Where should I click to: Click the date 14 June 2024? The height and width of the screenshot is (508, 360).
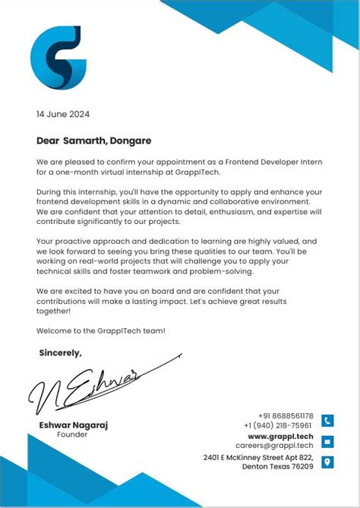coord(63,115)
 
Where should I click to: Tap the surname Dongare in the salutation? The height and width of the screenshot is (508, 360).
coord(131,140)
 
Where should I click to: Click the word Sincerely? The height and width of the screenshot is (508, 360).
coord(60,352)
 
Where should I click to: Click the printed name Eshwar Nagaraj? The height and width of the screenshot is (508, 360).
coord(73,425)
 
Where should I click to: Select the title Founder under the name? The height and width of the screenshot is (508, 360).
coord(72,435)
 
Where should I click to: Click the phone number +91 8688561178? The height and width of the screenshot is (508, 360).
coord(285,416)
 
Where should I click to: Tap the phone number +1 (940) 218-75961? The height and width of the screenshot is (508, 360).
coord(278,425)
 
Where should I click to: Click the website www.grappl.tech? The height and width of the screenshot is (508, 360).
coord(280,437)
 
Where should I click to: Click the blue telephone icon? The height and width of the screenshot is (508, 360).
coord(327,421)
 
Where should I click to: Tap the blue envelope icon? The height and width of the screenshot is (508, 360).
coord(327,441)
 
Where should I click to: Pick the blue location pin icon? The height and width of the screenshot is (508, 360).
coord(327,462)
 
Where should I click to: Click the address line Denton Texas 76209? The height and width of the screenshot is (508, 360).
coord(277,467)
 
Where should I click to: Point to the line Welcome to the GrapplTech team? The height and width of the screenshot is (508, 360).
coord(100,330)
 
